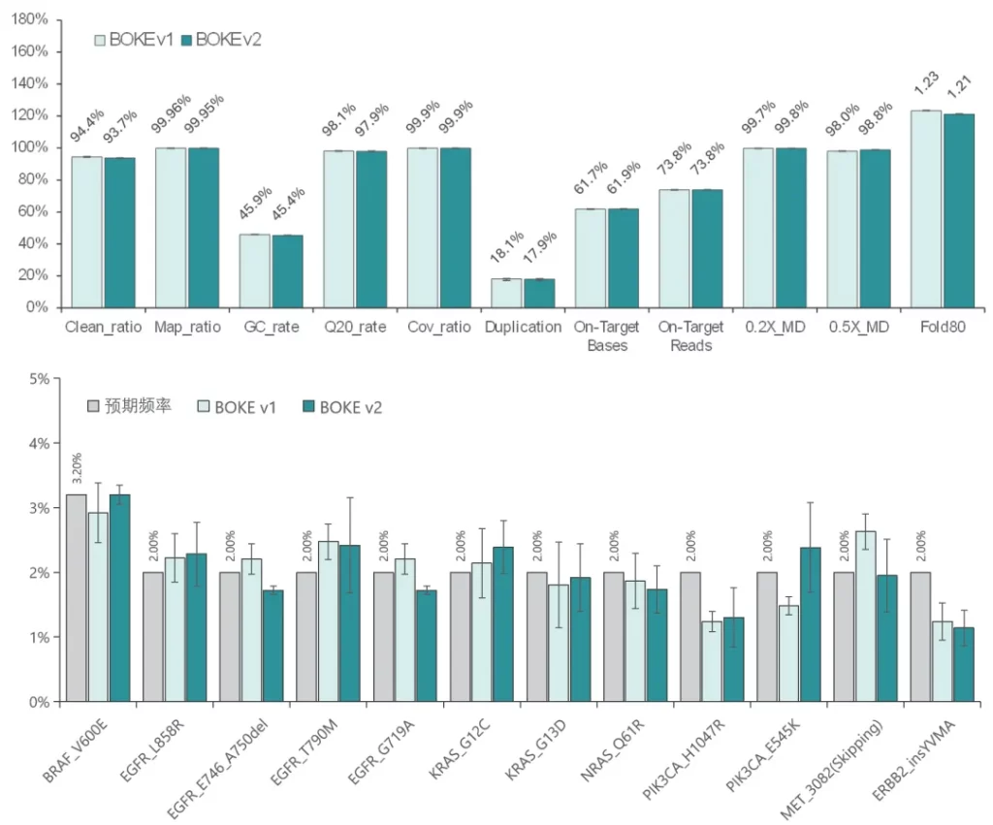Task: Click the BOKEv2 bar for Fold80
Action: pyautogui.click(x=959, y=210)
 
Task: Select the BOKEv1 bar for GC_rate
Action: pyautogui.click(x=254, y=270)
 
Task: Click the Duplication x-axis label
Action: pyautogui.click(x=523, y=327)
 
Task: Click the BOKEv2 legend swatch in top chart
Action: pyautogui.click(x=185, y=40)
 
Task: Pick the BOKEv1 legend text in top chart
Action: pyautogui.click(x=141, y=40)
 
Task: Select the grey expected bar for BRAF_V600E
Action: pyautogui.click(x=77, y=598)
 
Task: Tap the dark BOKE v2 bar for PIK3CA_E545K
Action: pyautogui.click(x=811, y=624)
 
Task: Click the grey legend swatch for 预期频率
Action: pyautogui.click(x=94, y=406)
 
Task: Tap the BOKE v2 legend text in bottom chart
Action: pyautogui.click(x=350, y=407)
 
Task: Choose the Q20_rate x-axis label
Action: pyautogui.click(x=354, y=327)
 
